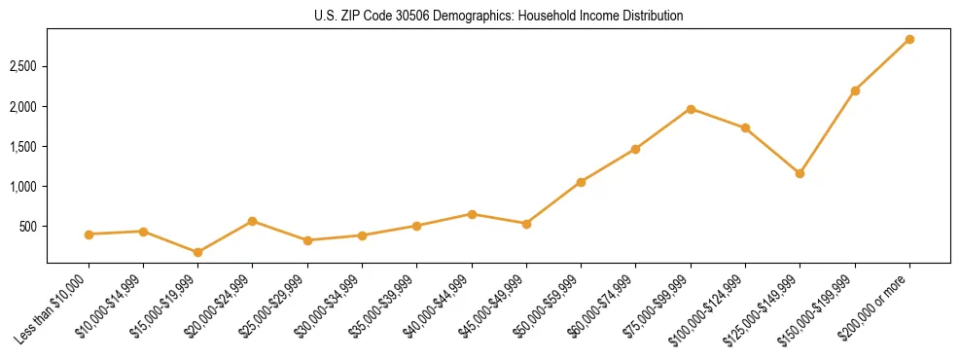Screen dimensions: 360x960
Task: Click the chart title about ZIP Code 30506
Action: tap(498, 17)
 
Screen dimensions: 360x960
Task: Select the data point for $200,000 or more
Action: tap(909, 40)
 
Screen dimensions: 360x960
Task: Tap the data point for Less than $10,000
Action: tap(89, 234)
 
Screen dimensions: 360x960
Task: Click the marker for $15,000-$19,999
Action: tap(198, 252)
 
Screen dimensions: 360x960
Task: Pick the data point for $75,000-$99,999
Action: tap(691, 109)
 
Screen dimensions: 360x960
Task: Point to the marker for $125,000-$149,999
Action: tap(800, 174)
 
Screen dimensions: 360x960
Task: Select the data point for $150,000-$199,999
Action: tap(855, 90)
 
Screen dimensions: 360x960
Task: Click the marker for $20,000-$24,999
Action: tap(253, 221)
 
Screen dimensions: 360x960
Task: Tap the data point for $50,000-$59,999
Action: tap(581, 182)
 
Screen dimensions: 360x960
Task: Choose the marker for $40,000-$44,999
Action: tap(472, 214)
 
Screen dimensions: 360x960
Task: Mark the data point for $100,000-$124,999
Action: tap(745, 127)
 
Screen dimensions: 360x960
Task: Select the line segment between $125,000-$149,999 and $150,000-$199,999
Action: tap(828, 132)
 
